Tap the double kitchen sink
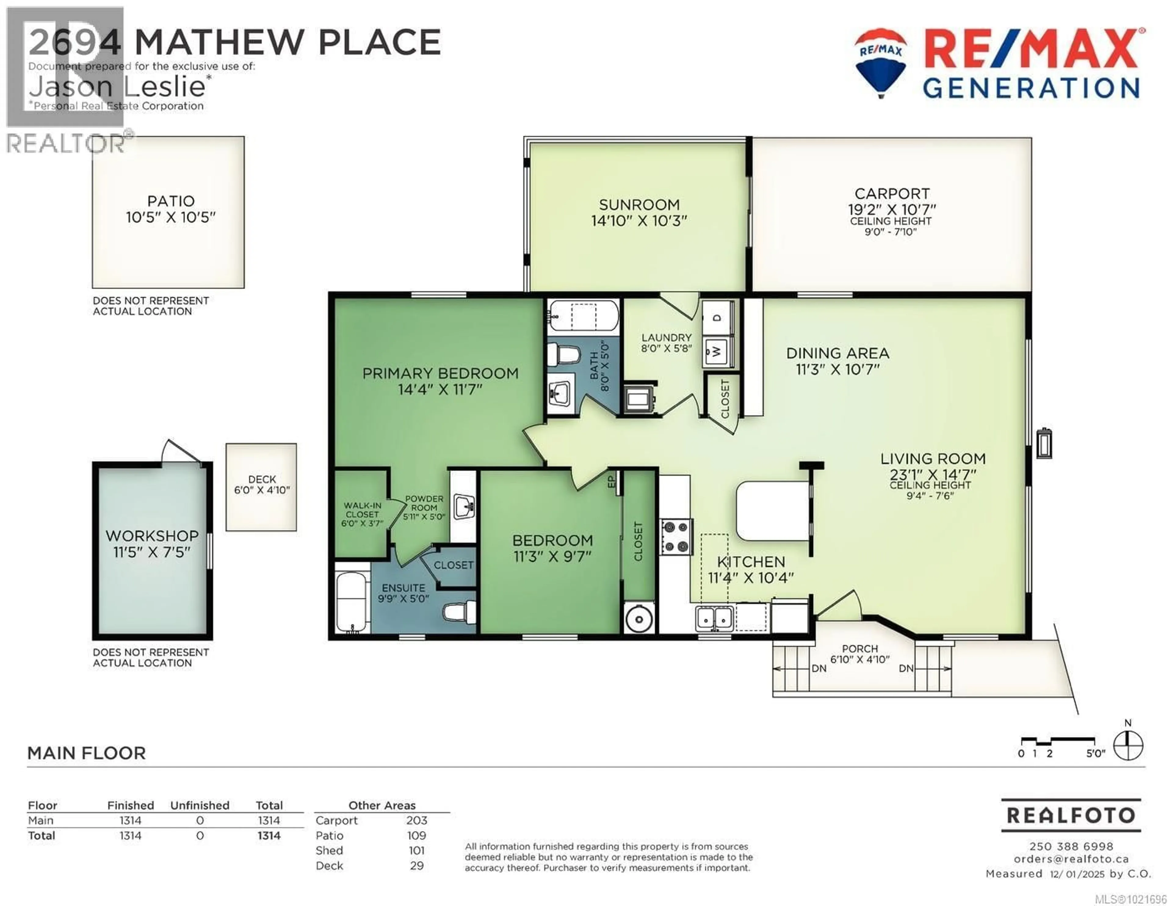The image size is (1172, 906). coord(714,618)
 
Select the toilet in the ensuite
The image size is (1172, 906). coord(460,612)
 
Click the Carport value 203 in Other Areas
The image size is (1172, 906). coord(416,820)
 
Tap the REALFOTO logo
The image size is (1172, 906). coord(1071,815)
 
